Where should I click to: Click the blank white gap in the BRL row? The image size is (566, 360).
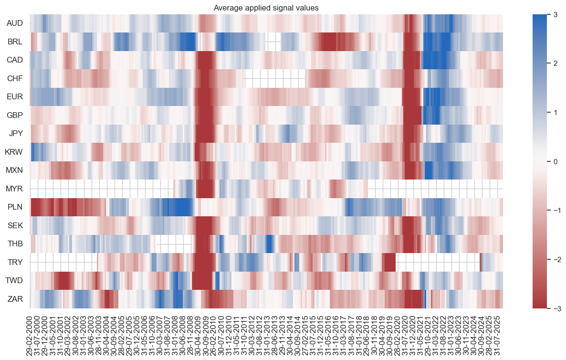coord(273,42)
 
